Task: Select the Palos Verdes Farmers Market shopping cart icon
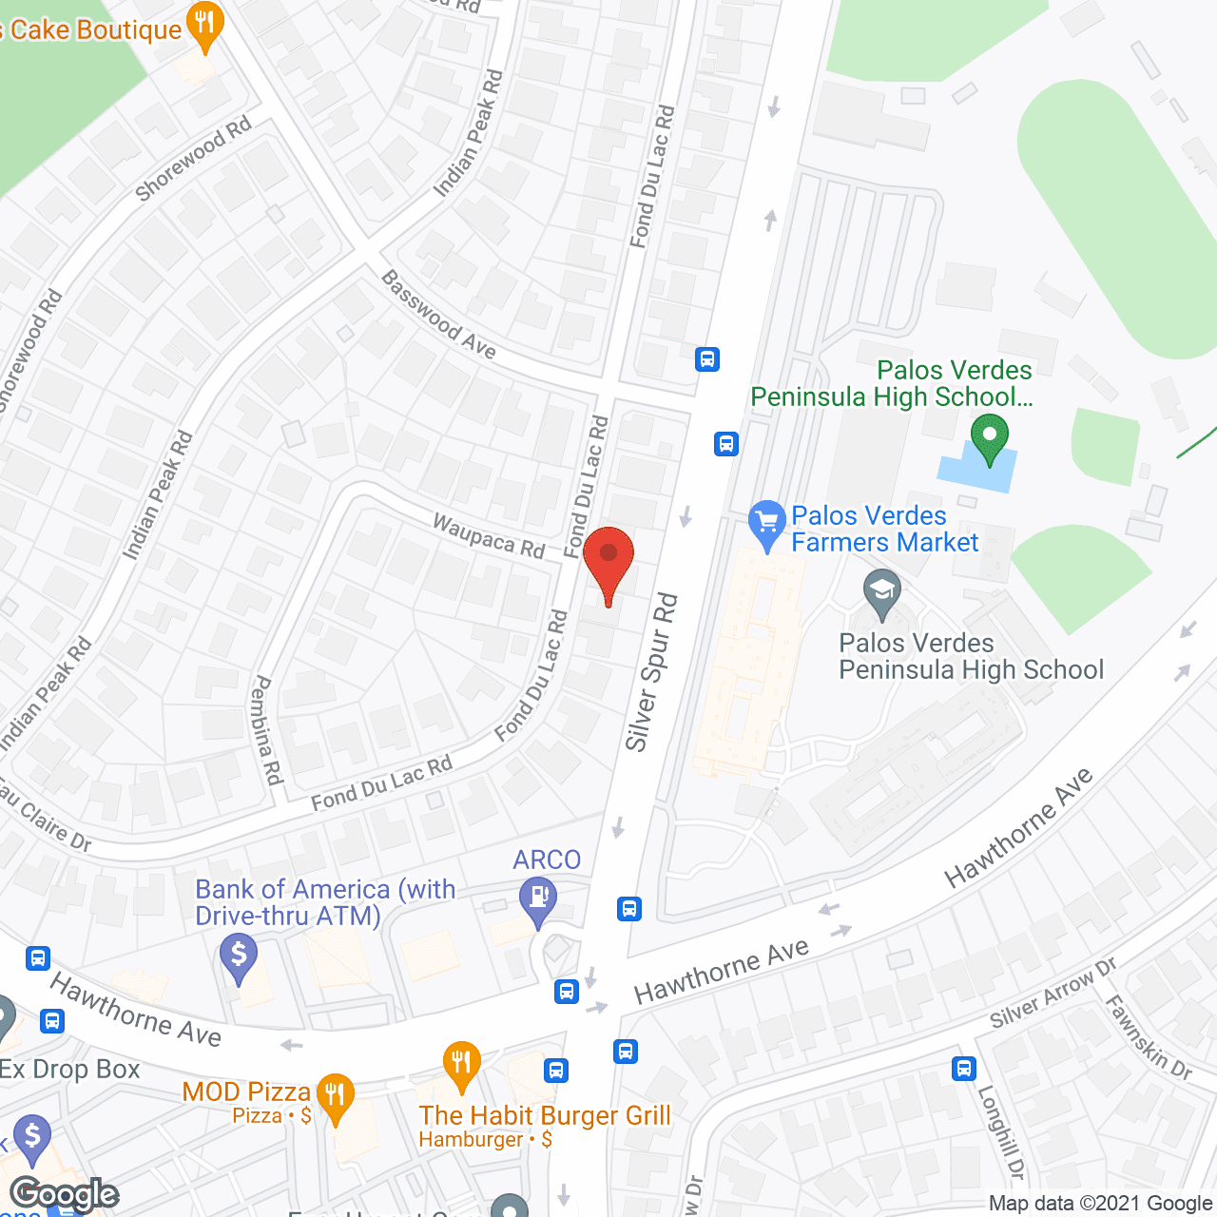click(766, 523)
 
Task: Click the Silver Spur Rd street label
click(651, 671)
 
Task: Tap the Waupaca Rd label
click(489, 536)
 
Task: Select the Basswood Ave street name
click(438, 315)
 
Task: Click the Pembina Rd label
click(268, 730)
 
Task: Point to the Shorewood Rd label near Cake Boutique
click(193, 158)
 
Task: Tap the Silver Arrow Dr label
click(1053, 994)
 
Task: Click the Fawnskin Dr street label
click(1148, 1037)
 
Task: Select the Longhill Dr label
click(1002, 1131)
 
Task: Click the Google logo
click(65, 1194)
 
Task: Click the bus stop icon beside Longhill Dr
click(964, 1068)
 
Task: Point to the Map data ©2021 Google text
click(1101, 1204)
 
